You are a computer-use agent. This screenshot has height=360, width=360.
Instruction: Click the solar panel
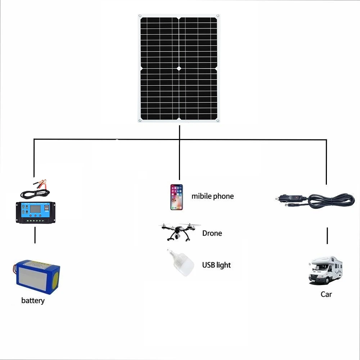point(179,68)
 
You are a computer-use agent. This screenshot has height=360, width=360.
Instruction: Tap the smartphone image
point(176,197)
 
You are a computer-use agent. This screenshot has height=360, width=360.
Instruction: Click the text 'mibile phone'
point(212,196)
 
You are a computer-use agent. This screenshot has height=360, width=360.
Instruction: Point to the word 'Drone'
point(212,233)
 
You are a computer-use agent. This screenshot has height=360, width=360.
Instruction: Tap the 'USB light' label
point(216,265)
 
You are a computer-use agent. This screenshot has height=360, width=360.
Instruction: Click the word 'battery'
point(33,301)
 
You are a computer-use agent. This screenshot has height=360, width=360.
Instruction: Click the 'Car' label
point(326,294)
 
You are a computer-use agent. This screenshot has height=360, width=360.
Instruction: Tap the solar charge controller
point(35,212)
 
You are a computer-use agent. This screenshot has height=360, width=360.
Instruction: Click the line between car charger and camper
point(327,235)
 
